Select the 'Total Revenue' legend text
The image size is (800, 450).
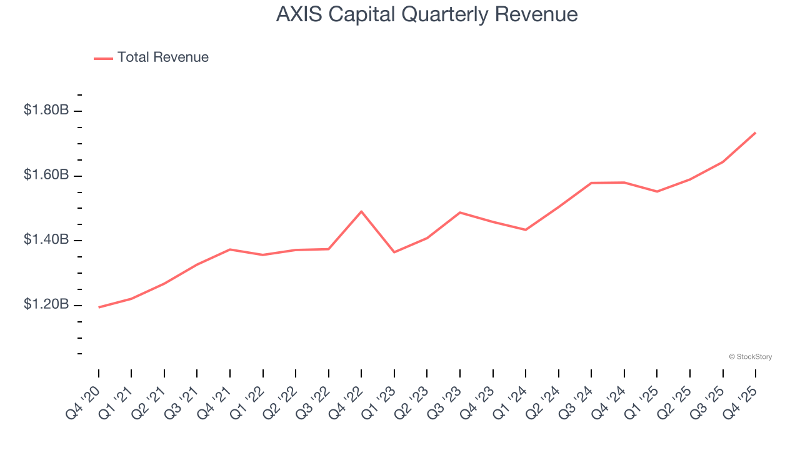pos(162,57)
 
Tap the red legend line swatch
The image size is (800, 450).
pos(103,58)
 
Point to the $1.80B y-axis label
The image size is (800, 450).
pos(46,110)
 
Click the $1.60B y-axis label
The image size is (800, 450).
pos(46,175)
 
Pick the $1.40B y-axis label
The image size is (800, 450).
pos(46,240)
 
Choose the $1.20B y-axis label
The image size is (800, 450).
pos(46,304)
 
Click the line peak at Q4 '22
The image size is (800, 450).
pos(361,211)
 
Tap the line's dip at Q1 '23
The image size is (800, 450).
pos(394,252)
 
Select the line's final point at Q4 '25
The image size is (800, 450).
pos(756,132)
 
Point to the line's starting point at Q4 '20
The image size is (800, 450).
pos(99,307)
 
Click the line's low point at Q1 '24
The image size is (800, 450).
pos(526,230)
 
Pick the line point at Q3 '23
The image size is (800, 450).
pos(460,212)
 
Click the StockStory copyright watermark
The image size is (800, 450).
pos(750,357)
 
